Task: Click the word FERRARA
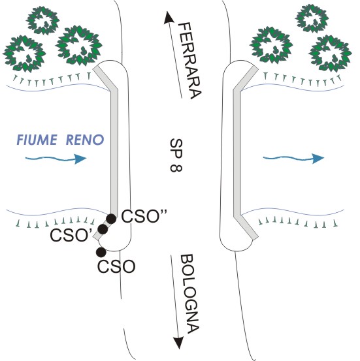pos(190,61)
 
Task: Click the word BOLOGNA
pos(189,294)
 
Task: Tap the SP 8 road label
pos(176,155)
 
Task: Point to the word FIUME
pos(37,140)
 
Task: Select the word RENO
pos(85,140)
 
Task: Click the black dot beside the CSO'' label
pos(111,219)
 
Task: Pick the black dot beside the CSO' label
pos(103,229)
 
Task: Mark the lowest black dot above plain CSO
pos(101,252)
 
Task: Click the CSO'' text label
pos(144,216)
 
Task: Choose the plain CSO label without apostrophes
pos(116,266)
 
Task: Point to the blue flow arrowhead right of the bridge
pos(318,158)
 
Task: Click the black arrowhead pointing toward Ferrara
pos(169,18)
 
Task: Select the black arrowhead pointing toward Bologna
pos(179,343)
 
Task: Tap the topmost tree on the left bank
pos(43,20)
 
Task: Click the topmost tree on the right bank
pos(312,18)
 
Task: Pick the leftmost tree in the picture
pos(24,54)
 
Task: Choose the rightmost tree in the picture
pos(330,54)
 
